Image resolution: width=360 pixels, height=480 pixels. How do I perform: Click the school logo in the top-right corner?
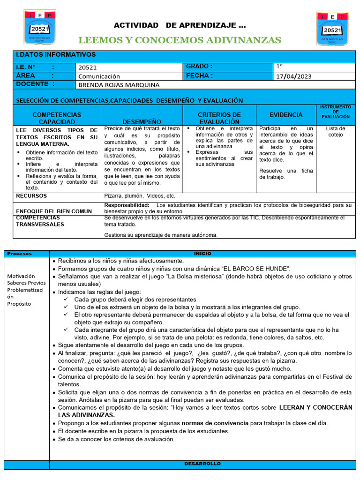coord(332,29)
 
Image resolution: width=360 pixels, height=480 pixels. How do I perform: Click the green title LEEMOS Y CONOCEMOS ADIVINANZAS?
coord(180,40)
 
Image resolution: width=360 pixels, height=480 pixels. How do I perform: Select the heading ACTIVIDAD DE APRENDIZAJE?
coord(180,25)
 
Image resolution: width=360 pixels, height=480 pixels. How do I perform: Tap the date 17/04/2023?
coord(293,76)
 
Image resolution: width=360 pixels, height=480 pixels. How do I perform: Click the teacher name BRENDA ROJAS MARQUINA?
coord(119,85)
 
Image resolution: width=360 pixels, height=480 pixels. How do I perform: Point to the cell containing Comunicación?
coord(99,76)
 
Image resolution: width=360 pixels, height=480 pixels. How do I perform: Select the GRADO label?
coord(199,67)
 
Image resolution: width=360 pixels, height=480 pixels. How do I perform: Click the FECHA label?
coord(199,75)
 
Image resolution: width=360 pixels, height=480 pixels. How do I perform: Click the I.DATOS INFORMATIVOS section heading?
coord(56,55)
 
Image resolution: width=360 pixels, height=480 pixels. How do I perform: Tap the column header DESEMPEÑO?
coord(142,121)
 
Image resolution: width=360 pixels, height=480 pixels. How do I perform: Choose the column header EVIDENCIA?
coord(286,114)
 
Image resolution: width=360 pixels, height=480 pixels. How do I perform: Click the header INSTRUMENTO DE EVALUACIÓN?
coord(335,112)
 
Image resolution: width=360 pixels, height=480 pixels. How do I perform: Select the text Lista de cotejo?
coord(335,131)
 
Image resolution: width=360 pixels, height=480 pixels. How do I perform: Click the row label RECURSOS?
coord(31,195)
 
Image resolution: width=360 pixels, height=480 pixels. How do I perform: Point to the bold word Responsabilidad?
coord(127,205)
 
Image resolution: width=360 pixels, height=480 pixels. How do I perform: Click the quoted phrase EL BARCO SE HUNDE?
coord(254,269)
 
